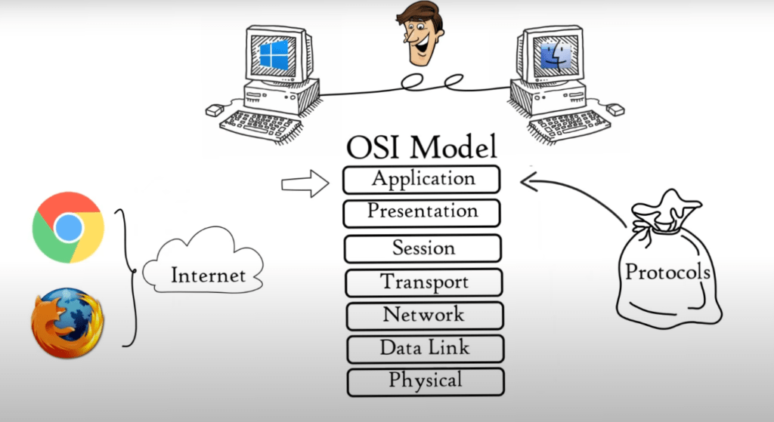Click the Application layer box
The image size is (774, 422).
[x=422, y=180]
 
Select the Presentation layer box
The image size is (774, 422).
[x=422, y=213]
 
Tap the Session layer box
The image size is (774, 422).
[x=423, y=248]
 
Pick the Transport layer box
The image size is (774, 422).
[x=424, y=282]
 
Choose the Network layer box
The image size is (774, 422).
[x=425, y=316]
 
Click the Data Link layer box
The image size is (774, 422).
[x=426, y=349]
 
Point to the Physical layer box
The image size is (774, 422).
[x=426, y=382]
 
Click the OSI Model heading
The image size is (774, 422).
[x=421, y=146]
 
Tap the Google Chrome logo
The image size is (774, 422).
[x=68, y=227]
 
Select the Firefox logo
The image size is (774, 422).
[x=67, y=323]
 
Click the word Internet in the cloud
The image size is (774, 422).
[x=208, y=275]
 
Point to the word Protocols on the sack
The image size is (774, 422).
[x=667, y=272]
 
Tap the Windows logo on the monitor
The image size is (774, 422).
[x=274, y=54]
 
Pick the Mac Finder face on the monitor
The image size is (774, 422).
[x=556, y=54]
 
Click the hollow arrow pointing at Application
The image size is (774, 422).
[x=305, y=184]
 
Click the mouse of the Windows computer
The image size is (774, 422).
[x=215, y=110]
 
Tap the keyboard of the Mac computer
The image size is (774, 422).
[x=568, y=126]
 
